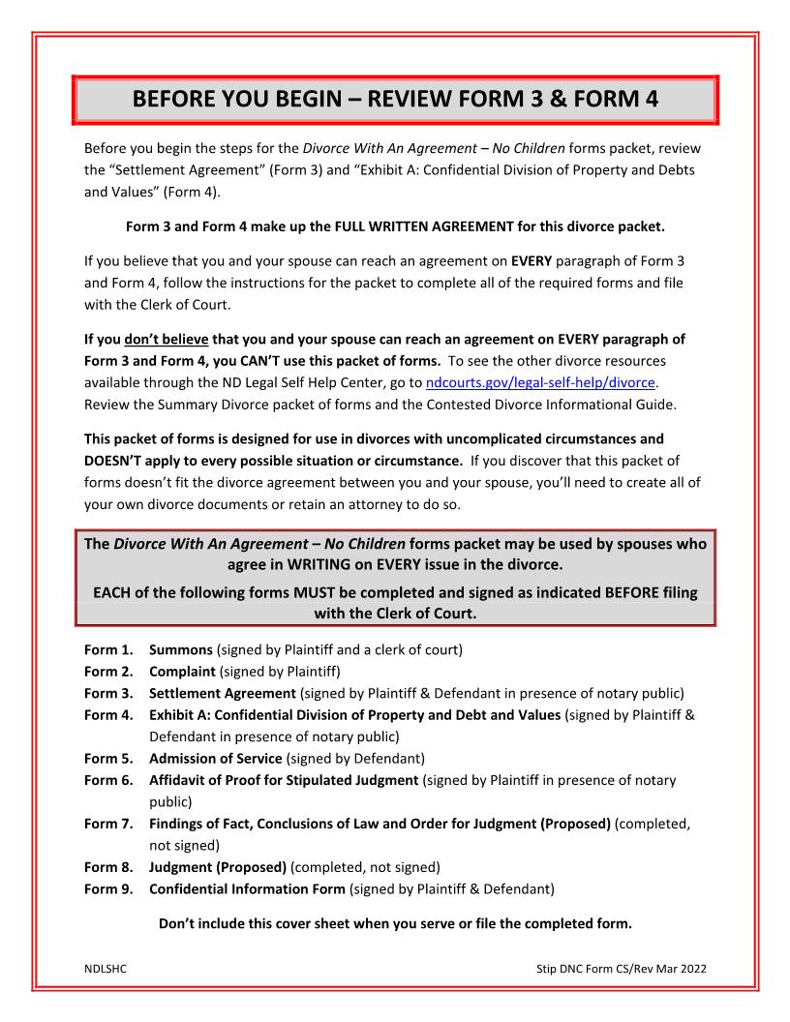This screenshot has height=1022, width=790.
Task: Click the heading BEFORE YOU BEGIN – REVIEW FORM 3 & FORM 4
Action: (x=395, y=100)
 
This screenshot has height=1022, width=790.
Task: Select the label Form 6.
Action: (x=107, y=779)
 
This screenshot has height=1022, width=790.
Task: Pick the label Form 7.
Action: (x=107, y=823)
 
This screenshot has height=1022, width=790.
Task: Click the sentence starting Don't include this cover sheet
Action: (x=395, y=923)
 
